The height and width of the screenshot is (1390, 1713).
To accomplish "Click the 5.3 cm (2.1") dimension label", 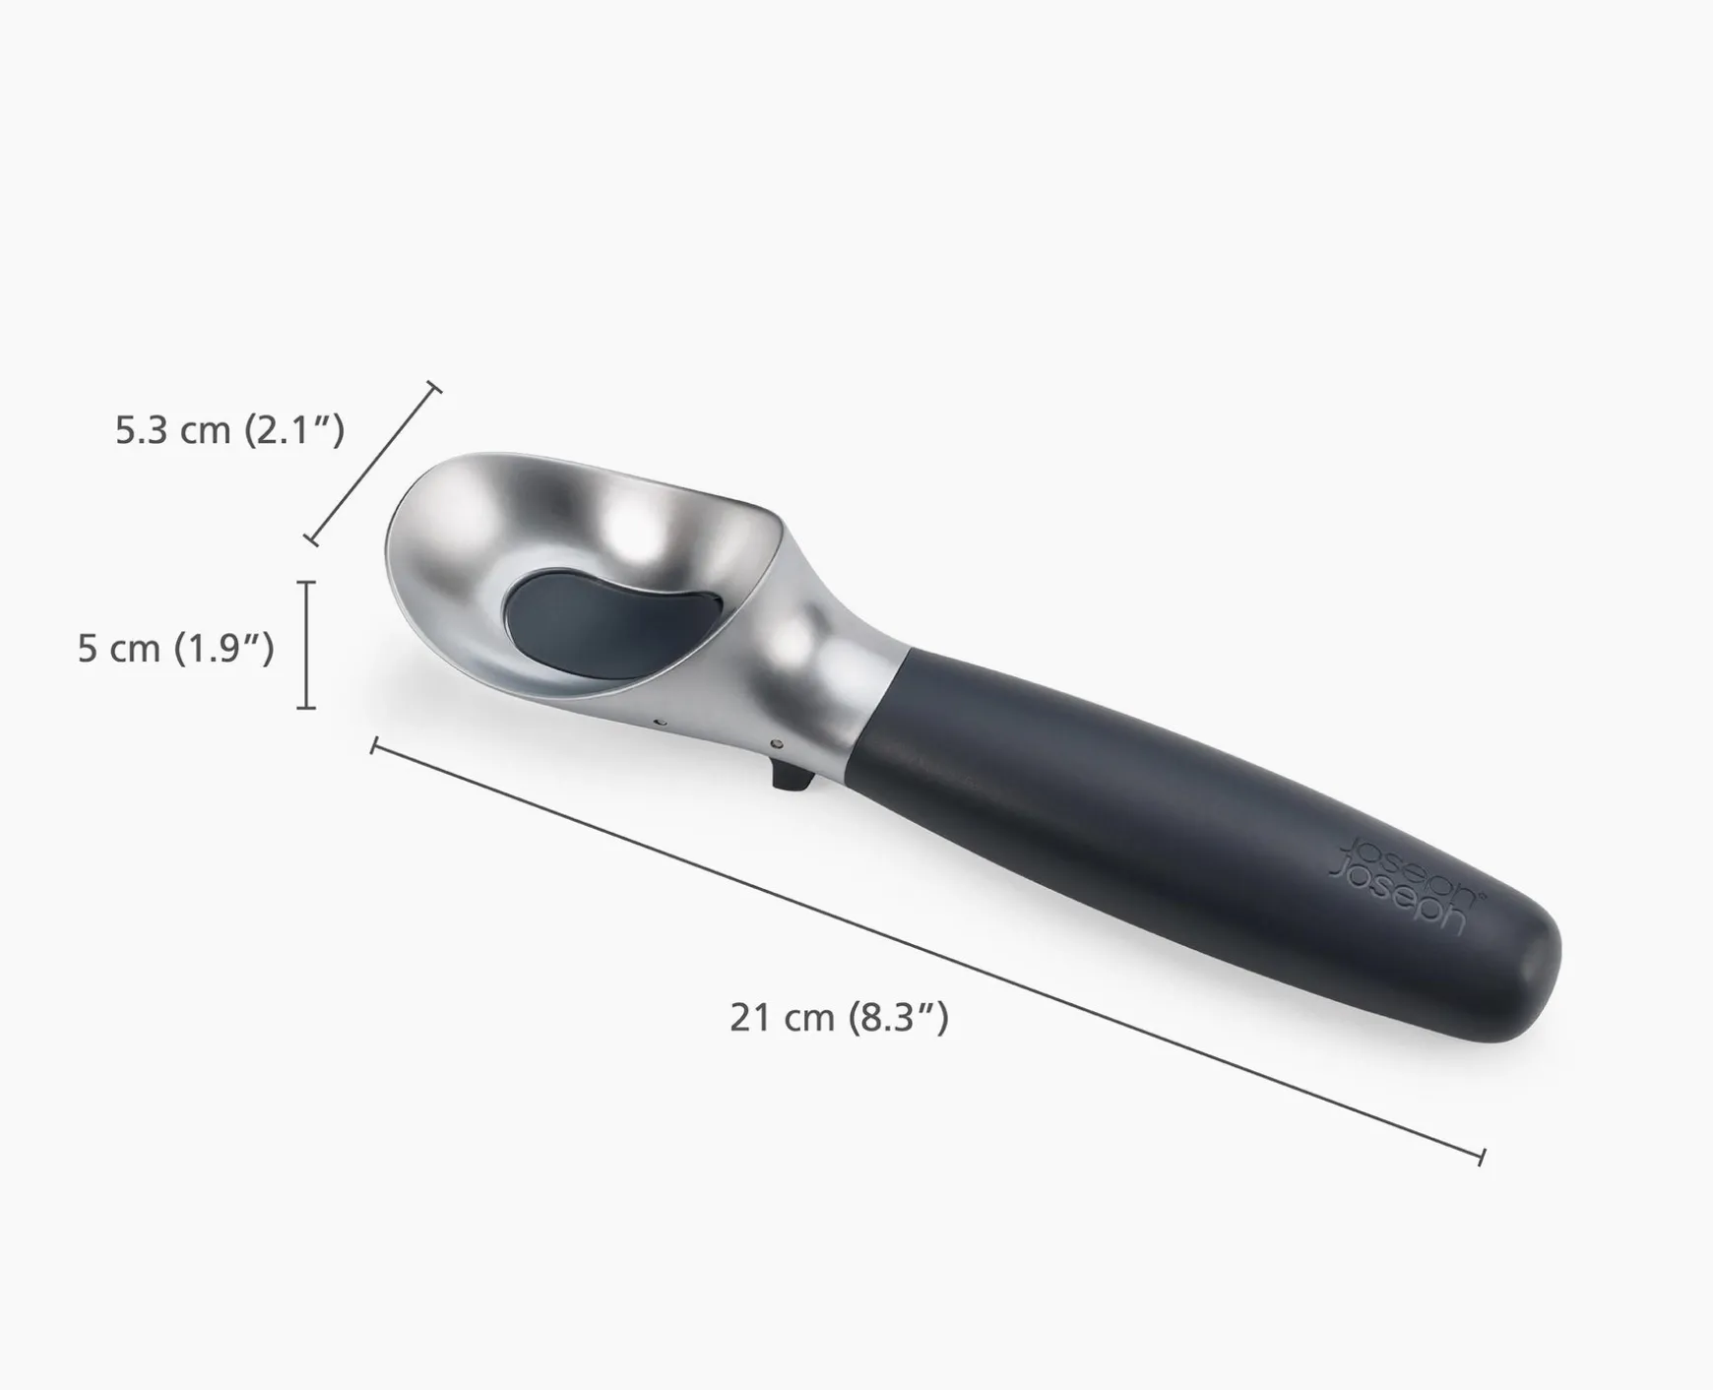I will (229, 431).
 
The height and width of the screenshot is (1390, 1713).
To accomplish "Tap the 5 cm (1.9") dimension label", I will (175, 649).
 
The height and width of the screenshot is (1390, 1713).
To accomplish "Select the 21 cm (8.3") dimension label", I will (839, 1017).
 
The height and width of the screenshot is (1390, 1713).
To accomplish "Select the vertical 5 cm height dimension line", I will (307, 645).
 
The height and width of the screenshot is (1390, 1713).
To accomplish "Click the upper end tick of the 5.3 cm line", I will (433, 386).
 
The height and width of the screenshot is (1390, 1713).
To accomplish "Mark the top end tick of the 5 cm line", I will (307, 583).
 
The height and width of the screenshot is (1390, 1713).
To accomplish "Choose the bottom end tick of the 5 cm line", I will (307, 707).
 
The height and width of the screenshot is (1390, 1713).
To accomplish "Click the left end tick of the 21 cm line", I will (374, 745).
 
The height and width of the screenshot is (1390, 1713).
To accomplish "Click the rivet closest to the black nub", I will (778, 742).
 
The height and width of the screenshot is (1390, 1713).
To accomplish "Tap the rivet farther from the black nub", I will (661, 724).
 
